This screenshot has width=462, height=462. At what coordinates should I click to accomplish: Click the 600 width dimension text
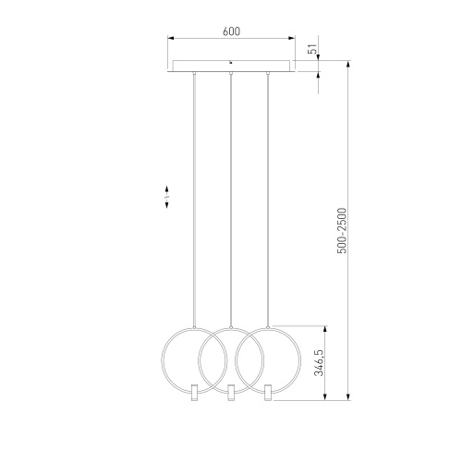click(x=231, y=31)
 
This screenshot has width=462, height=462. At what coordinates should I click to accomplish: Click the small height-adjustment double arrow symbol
click(x=166, y=199)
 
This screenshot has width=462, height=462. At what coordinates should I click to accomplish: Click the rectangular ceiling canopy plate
click(x=230, y=67)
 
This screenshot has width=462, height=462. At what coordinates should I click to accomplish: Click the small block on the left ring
click(x=194, y=394)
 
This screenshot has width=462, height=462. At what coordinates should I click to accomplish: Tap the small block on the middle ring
click(x=230, y=394)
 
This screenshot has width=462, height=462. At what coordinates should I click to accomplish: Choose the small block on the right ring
click(x=267, y=394)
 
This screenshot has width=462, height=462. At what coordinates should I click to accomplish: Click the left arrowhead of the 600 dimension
click(x=170, y=39)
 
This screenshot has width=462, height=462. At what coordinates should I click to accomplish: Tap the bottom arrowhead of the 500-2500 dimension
click(x=350, y=399)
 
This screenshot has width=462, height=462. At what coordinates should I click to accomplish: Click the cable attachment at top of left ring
click(x=194, y=325)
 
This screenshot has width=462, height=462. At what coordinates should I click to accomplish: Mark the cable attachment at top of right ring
click(x=267, y=325)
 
